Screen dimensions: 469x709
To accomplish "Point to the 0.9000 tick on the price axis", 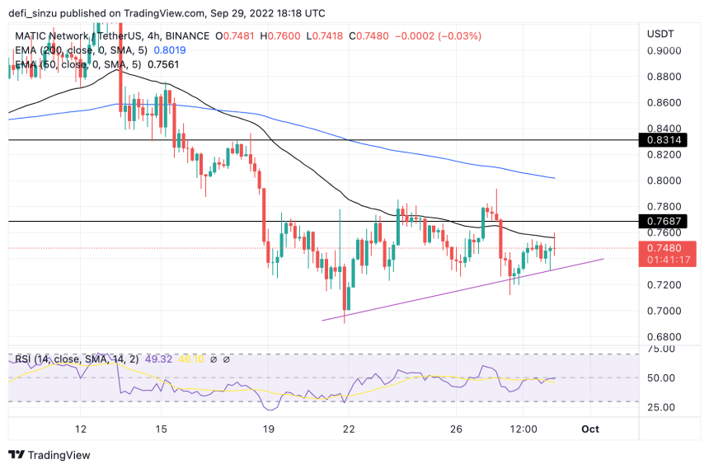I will click(x=664, y=50).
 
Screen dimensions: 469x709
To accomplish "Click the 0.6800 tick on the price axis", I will click(x=664, y=336).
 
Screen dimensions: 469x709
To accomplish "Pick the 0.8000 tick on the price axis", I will click(x=664, y=181).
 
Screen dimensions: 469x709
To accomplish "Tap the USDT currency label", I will click(x=661, y=33).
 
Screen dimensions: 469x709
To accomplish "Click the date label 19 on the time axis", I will click(x=266, y=429).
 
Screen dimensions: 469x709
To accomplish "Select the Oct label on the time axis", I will click(x=590, y=429).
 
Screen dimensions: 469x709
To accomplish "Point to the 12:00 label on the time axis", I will click(x=524, y=429).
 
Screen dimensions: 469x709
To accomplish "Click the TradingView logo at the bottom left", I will click(x=49, y=455).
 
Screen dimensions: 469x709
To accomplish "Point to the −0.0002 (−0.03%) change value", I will click(x=441, y=36).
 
